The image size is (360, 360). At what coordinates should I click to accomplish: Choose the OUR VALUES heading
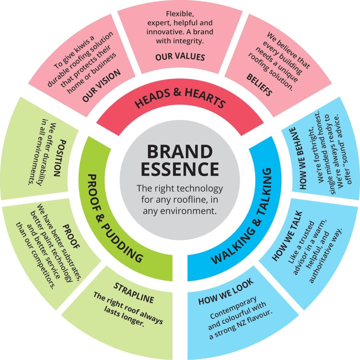tap(180, 57)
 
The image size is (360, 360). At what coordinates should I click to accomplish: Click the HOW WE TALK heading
tap(288, 236)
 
